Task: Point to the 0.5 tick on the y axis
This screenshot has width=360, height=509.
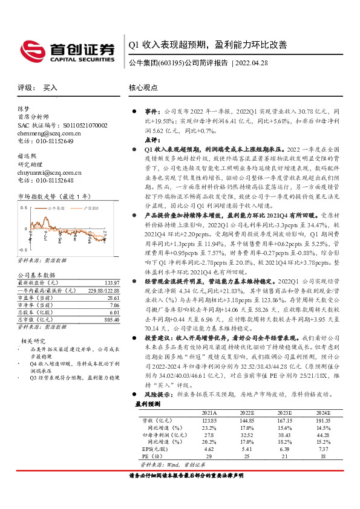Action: click(x=24, y=207)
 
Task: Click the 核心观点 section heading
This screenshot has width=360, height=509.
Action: click(x=143, y=88)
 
